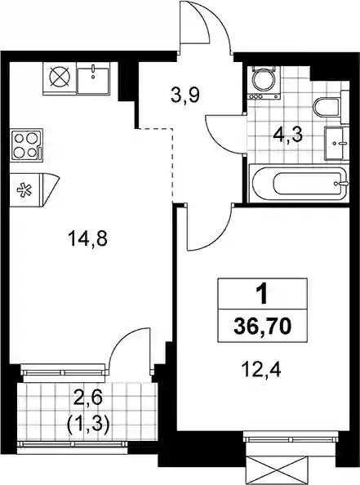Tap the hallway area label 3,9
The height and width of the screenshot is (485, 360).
185,96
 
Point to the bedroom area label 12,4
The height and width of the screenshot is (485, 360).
262,370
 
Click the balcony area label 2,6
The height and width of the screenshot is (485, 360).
88,398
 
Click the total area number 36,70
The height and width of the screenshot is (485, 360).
263,327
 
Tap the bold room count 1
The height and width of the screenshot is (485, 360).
263,294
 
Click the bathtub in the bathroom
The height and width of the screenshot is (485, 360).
299,185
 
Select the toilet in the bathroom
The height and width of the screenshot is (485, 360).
327,107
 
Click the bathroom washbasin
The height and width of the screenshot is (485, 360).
336,143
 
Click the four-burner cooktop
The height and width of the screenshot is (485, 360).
27,145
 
